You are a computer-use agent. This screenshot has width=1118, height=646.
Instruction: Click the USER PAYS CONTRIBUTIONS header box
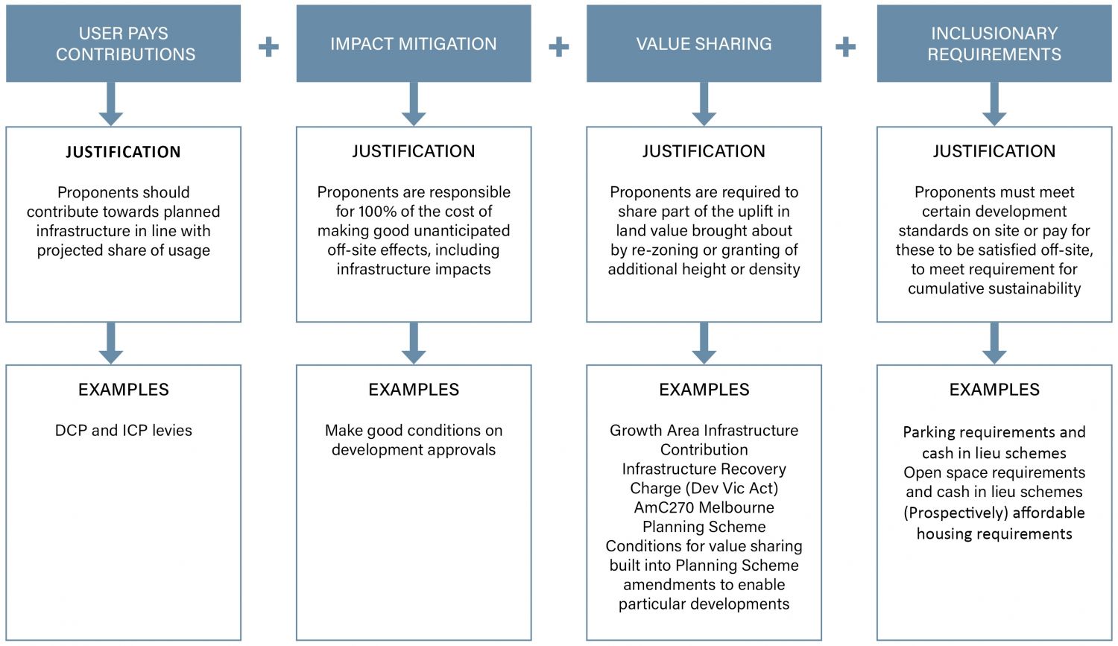pyautogui.click(x=123, y=43)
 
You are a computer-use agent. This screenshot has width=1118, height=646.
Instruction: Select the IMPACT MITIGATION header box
pyautogui.click(x=414, y=43)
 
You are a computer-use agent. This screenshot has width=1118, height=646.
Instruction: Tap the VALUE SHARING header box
pyautogui.click(x=704, y=43)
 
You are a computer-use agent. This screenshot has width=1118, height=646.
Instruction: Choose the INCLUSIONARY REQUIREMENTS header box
pyautogui.click(x=994, y=43)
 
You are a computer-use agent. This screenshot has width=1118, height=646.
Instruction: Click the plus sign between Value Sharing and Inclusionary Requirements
pyautogui.click(x=845, y=47)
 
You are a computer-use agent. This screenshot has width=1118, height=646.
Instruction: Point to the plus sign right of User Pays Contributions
pyautogui.click(x=268, y=47)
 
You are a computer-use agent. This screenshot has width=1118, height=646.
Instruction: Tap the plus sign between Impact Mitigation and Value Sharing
pyautogui.click(x=558, y=47)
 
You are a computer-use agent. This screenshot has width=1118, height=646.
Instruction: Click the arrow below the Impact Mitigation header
pyautogui.click(x=414, y=104)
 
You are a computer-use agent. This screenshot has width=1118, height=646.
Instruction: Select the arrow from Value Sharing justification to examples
pyautogui.click(x=704, y=343)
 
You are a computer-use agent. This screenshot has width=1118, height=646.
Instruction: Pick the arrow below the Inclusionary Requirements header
pyautogui.click(x=994, y=104)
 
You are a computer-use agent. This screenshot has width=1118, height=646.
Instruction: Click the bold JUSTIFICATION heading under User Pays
pyautogui.click(x=123, y=152)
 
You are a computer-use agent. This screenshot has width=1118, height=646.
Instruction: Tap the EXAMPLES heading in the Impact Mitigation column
pyautogui.click(x=414, y=390)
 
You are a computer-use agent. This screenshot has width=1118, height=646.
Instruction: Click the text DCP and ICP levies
pyautogui.click(x=124, y=431)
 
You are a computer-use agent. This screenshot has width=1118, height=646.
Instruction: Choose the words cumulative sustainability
pyautogui.click(x=994, y=289)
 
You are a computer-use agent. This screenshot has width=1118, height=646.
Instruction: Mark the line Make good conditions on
pyautogui.click(x=414, y=431)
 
